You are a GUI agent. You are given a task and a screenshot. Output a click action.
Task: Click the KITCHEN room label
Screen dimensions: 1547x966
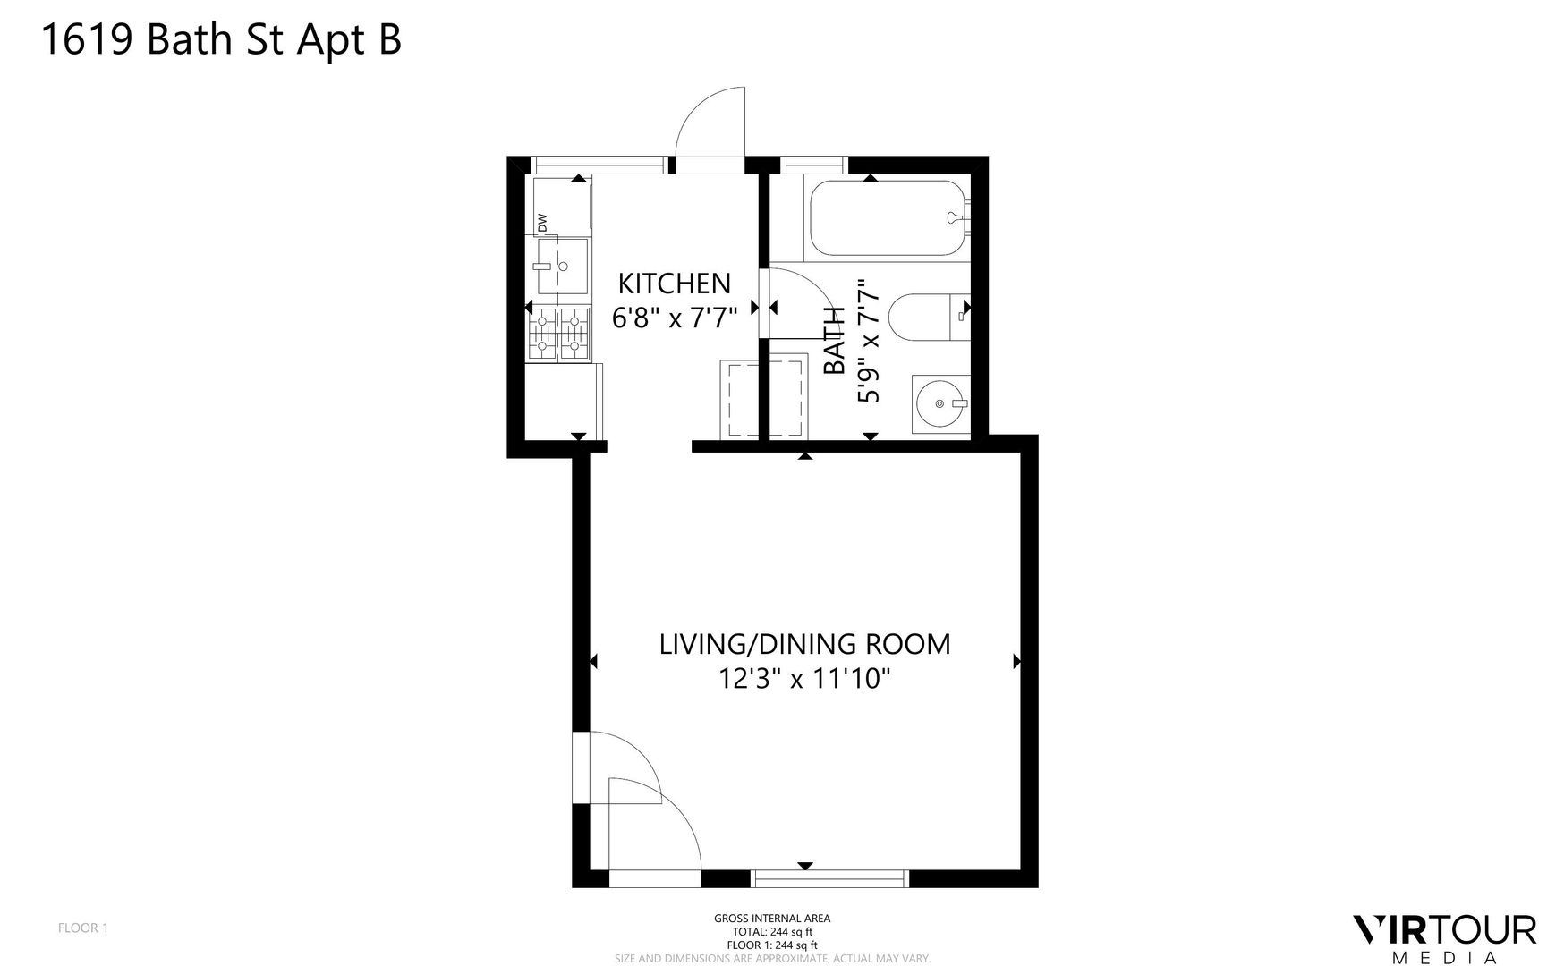675,284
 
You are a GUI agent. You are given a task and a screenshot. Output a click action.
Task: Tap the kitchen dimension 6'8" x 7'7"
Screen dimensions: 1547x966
675,318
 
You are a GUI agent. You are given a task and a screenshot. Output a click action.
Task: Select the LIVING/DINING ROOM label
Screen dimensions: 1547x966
804,644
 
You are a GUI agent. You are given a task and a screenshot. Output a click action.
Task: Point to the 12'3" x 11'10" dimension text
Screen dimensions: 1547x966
804,680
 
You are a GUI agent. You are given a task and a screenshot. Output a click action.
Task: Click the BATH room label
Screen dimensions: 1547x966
834,341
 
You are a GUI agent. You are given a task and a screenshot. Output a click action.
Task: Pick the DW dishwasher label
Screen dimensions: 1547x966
542,222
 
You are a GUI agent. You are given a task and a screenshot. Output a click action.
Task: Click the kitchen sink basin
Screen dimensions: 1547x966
562,266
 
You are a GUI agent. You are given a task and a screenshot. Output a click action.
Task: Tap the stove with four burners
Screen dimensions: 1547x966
560,334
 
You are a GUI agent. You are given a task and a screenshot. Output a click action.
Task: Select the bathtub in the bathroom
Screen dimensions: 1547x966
888,218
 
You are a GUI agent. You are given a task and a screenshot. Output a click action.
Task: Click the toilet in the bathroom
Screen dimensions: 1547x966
931,317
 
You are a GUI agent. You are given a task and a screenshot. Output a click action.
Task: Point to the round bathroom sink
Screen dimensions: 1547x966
940,404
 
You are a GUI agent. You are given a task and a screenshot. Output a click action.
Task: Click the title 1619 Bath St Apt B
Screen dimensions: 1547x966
222,40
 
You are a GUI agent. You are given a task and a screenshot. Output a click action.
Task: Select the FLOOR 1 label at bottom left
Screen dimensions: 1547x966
83,928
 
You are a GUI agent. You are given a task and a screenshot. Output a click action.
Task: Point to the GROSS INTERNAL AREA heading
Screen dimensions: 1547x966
772,918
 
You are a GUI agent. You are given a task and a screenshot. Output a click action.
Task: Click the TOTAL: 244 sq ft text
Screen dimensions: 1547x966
772,931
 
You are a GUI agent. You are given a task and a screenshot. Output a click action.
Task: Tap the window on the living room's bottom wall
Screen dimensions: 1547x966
830,878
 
